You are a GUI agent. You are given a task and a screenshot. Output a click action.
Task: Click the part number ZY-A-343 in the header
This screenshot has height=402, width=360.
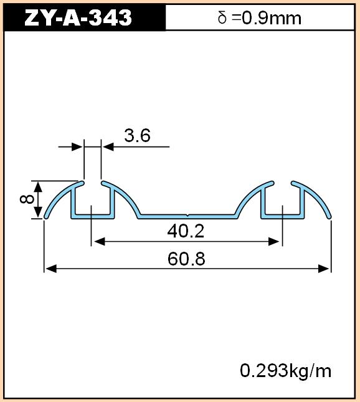[78, 17]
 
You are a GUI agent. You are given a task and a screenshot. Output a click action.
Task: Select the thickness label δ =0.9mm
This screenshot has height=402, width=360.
[259, 18]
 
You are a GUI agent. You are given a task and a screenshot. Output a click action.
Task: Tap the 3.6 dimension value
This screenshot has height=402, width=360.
[138, 136]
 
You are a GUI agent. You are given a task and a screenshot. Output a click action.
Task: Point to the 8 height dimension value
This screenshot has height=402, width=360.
[27, 199]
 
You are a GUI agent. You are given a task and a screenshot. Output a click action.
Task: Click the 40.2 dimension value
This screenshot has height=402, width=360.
[186, 231]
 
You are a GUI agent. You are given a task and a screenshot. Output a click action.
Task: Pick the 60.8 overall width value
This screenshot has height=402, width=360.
[186, 259]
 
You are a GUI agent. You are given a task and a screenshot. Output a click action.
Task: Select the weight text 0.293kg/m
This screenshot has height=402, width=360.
[286, 371]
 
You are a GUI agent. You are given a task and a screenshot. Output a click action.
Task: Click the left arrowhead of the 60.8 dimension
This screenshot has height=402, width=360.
[51, 269]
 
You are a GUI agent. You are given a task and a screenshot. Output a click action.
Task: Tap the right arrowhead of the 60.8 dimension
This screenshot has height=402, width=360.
[324, 269]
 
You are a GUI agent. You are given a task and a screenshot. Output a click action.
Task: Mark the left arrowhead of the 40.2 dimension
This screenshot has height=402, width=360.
[100, 241]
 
